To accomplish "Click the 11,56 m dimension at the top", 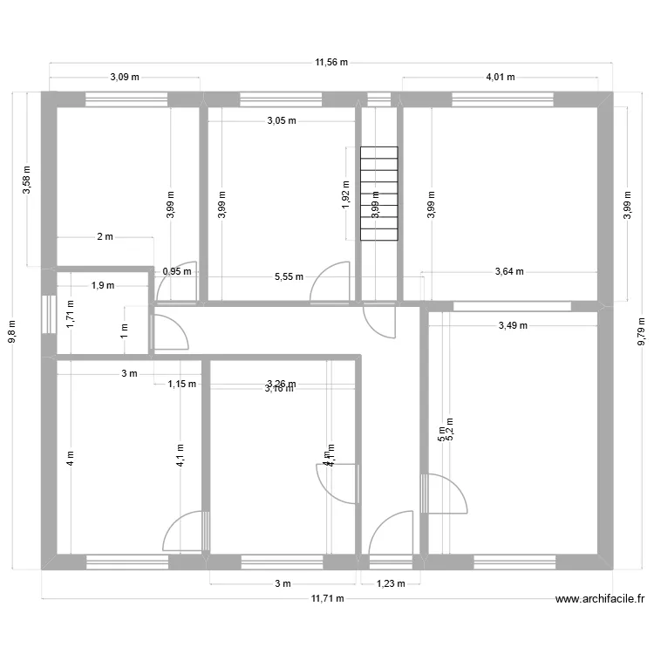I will point(331,62).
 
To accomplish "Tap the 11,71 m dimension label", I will point(328,598).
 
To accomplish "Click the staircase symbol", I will point(378,194).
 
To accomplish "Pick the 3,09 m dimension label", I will point(124,77).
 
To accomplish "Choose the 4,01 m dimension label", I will point(500,77).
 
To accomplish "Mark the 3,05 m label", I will point(281,121).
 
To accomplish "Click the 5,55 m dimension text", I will point(289,277).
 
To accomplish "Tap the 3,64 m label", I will point(509,271).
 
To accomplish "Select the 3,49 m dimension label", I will point(513,325).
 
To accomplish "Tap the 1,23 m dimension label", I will point(390,584).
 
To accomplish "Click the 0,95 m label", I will point(177,271).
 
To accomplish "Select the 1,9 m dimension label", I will point(102,284).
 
